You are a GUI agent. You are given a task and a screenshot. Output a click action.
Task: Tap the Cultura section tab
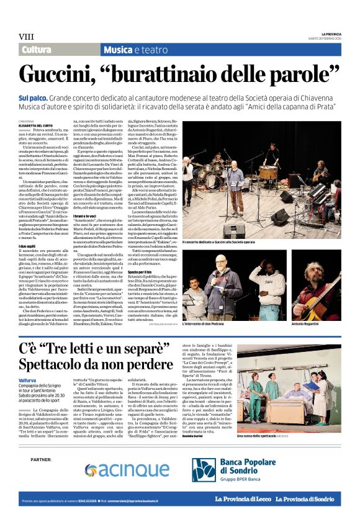pyautogui.click(x=37, y=50)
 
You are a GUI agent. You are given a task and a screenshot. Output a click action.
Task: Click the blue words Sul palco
pyautogui.click(x=34, y=97)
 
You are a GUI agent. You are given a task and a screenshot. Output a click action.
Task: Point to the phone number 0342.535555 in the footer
pyautogui.click(x=85, y=517)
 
